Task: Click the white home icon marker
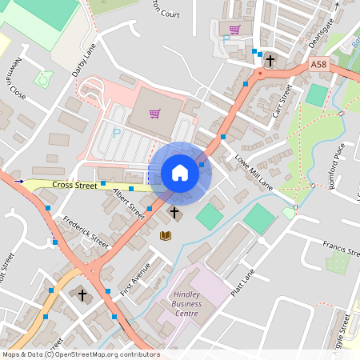point(180,172)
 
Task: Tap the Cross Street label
point(74,185)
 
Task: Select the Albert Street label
point(128,203)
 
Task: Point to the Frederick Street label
point(86,230)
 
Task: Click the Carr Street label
point(283,102)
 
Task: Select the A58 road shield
point(318,63)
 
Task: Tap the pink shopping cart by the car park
point(154,113)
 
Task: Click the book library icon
point(166,235)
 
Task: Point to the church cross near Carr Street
point(270,61)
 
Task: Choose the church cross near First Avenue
point(82,294)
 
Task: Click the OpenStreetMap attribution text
point(81,354)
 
